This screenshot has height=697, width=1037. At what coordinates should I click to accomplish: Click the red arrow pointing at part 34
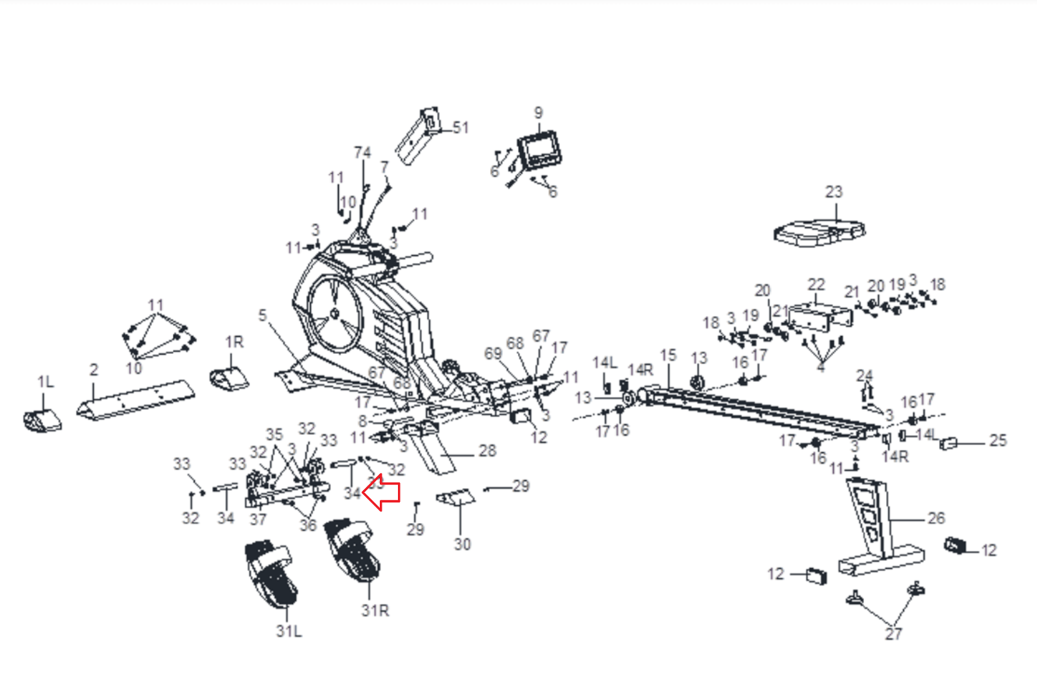[x=382, y=493]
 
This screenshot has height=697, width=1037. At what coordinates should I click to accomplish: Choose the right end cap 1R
[x=229, y=378]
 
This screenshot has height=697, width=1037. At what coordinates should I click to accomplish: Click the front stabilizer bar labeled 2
[x=136, y=399]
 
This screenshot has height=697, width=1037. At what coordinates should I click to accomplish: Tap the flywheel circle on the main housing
[x=334, y=314]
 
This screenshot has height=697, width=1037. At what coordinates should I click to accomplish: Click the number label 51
[x=461, y=128]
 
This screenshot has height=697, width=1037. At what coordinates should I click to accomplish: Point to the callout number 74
[x=362, y=152]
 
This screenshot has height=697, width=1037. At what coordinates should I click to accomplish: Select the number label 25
[x=998, y=441]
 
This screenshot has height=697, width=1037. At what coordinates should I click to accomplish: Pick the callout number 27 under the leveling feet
[x=893, y=634]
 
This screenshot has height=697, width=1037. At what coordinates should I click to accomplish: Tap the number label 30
[x=462, y=544]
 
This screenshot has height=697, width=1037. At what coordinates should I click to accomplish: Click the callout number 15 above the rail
[x=668, y=355]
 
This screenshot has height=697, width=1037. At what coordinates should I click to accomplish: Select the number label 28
[x=487, y=451]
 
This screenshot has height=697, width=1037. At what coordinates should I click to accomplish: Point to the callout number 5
[x=262, y=315]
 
